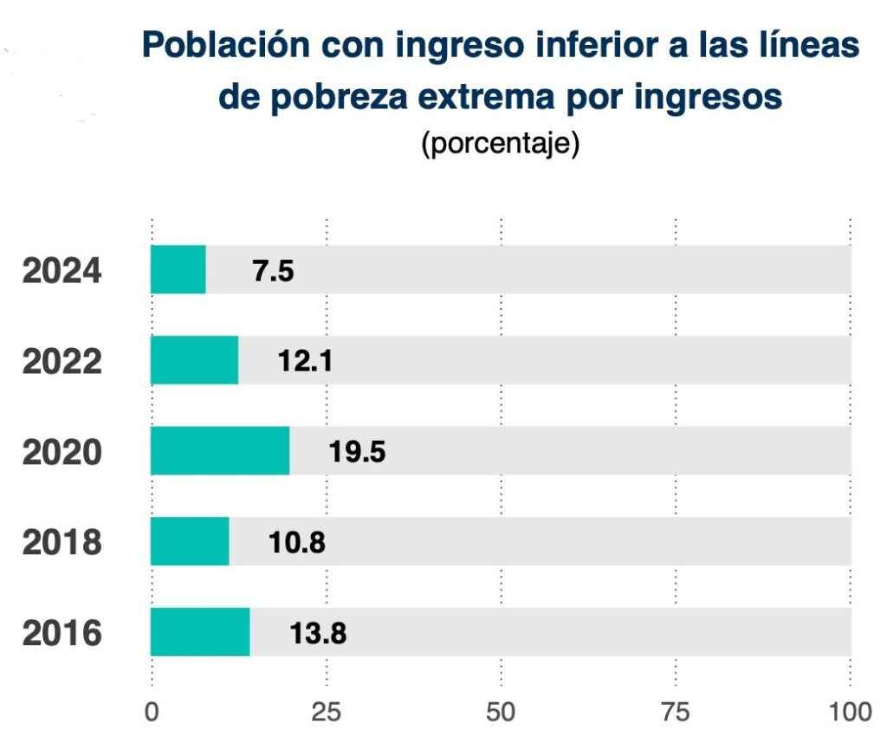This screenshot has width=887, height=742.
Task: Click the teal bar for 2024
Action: (178, 269)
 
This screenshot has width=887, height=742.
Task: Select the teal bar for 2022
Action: (195, 360)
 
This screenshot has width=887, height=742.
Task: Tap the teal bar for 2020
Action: (220, 451)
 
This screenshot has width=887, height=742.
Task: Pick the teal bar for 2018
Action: (190, 541)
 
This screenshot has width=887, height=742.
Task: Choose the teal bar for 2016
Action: (200, 632)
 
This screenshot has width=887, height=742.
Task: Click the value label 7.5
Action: (273, 271)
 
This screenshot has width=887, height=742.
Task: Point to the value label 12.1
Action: (304, 361)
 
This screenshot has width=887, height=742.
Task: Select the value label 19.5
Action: (356, 452)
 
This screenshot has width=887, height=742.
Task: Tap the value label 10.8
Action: (296, 543)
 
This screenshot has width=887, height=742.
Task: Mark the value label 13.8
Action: (317, 634)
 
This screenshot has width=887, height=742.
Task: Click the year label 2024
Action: (62, 271)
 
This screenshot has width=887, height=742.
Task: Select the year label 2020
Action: (62, 452)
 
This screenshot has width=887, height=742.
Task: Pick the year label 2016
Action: (62, 634)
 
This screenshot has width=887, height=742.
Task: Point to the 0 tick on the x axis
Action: (152, 713)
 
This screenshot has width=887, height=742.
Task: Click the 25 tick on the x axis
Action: (327, 713)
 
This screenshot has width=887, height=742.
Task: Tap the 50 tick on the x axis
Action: (502, 713)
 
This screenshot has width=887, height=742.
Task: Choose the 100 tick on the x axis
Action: (850, 713)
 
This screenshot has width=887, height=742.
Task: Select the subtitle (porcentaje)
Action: (500, 144)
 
